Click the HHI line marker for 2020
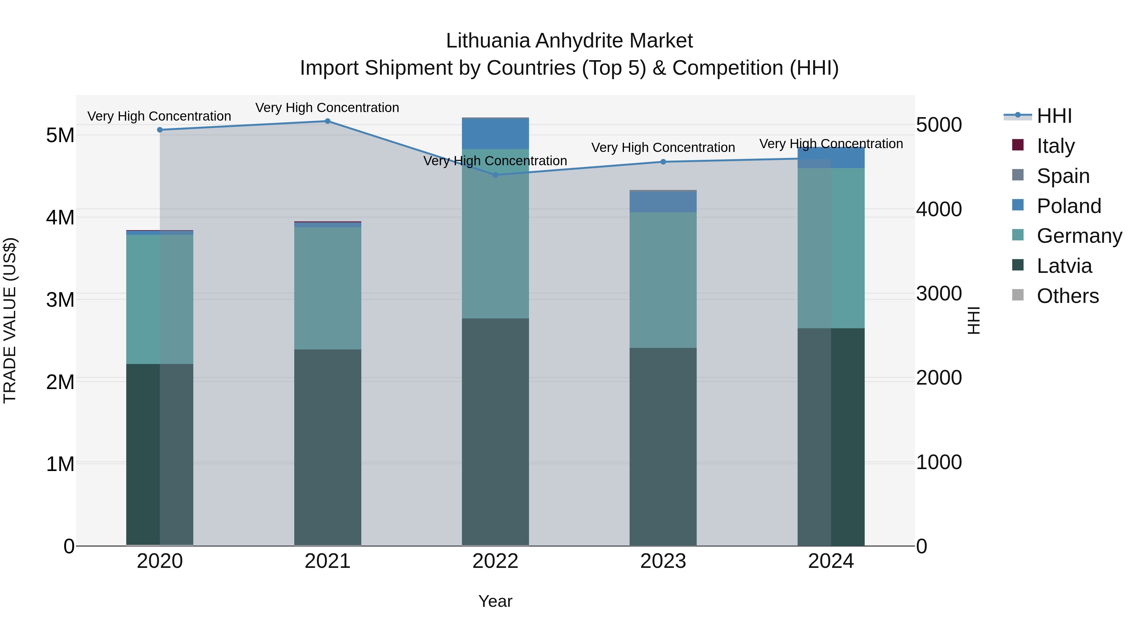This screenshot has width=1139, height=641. pos(160,129)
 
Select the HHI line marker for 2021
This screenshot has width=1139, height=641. pos(328,121)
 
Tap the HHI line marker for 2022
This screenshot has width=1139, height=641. pos(495,175)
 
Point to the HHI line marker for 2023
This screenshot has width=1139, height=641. pos(663,162)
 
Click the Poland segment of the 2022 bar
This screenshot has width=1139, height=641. pos(495,134)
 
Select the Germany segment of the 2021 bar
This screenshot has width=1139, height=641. pos(328,288)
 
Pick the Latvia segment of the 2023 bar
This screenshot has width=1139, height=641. pos(663,446)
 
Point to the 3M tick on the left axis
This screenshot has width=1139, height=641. pos(60,299)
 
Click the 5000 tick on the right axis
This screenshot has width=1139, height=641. pos(939,125)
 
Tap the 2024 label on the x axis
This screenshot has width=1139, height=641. pos(831,561)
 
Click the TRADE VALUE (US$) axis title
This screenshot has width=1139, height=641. pos(10,320)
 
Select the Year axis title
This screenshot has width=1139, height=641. pos(495,601)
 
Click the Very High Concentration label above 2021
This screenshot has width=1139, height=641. pos(327,108)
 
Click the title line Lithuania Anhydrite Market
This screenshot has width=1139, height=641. pos(569,41)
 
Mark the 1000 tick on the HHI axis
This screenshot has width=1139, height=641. pos(939,462)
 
